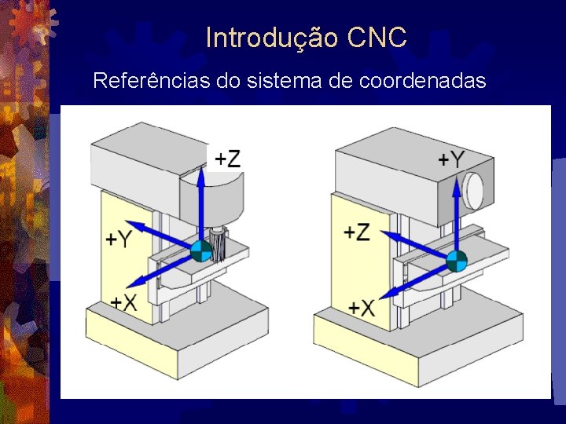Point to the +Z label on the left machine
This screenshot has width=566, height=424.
(x=227, y=159)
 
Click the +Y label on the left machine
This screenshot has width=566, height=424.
(x=119, y=238)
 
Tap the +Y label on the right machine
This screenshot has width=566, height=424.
(x=451, y=159)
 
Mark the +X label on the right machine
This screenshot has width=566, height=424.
(x=362, y=307)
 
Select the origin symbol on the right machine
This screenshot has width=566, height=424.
(x=457, y=261)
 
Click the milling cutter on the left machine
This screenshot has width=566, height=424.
(x=219, y=243)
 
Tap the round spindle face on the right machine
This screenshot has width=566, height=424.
(x=474, y=191)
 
